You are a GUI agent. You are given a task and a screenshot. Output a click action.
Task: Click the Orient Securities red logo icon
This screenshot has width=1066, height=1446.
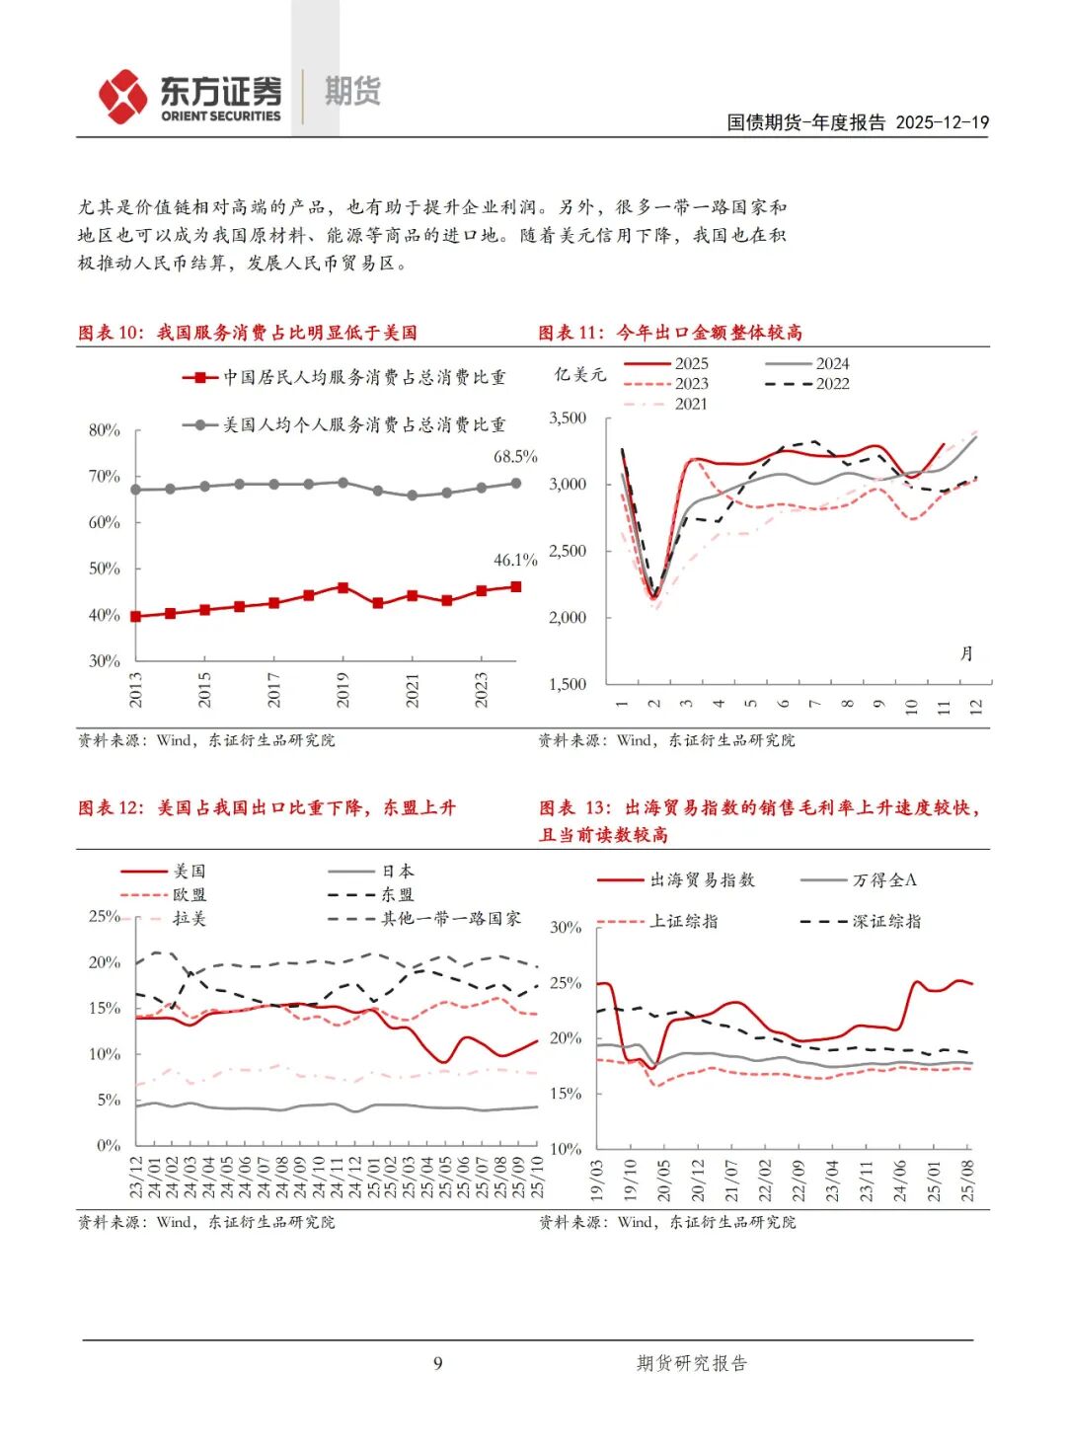tap(123, 97)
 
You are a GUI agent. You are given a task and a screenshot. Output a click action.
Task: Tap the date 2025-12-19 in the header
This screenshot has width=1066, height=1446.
tap(942, 122)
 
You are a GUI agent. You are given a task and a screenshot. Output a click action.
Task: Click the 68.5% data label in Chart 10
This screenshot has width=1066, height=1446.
tap(515, 457)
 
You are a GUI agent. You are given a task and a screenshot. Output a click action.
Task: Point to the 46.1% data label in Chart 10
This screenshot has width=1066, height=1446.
tap(515, 561)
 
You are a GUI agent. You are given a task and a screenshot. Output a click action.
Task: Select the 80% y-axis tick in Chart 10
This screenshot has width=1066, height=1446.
tap(104, 430)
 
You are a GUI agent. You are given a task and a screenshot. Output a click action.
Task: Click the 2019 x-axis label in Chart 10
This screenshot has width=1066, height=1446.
tap(343, 690)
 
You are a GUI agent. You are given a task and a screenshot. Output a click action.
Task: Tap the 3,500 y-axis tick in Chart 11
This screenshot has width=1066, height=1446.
tap(568, 419)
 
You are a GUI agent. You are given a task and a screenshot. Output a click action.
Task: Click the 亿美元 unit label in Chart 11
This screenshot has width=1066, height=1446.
tap(580, 375)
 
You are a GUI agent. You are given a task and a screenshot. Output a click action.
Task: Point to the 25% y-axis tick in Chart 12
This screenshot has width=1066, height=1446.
tap(104, 916)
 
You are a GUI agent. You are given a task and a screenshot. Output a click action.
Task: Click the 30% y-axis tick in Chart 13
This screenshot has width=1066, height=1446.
tap(566, 928)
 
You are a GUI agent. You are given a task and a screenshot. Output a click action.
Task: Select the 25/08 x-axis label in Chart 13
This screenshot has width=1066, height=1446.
tap(968, 1180)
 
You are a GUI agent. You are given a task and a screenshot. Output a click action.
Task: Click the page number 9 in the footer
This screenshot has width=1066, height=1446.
tap(437, 1363)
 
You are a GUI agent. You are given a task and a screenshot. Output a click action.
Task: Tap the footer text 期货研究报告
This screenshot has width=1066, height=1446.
tap(691, 1363)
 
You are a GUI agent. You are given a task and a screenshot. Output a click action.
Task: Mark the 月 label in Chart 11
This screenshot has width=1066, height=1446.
tap(966, 653)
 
